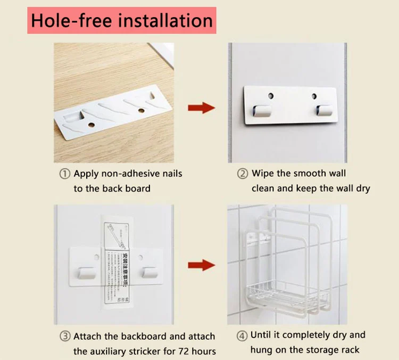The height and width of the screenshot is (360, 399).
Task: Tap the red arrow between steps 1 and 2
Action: click(x=201, y=107)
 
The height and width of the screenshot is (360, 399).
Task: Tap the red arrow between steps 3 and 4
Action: click(x=201, y=265)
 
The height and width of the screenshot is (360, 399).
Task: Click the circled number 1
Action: click(x=64, y=174)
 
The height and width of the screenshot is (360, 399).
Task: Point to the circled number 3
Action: click(x=64, y=336)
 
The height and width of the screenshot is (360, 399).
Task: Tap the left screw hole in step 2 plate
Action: click(x=271, y=97)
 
